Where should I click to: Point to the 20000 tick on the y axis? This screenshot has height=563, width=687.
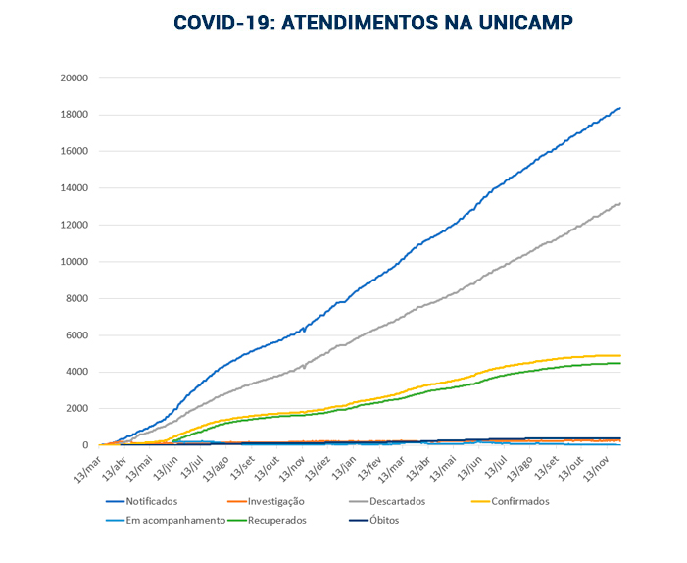click(74, 78)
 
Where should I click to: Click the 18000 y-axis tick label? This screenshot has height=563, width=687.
click(74, 115)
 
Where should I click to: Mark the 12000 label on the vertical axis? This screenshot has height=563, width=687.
click(74, 226)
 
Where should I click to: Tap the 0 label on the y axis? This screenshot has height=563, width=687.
click(86, 445)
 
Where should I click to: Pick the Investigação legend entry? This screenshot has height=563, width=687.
click(277, 501)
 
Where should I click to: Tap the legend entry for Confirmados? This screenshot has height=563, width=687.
click(518, 501)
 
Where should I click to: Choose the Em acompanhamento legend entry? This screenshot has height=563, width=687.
click(175, 520)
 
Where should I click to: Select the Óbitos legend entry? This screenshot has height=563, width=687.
click(383, 520)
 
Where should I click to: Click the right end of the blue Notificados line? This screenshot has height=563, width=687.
click(620, 108)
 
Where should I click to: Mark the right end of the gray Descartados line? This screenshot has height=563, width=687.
click(620, 203)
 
